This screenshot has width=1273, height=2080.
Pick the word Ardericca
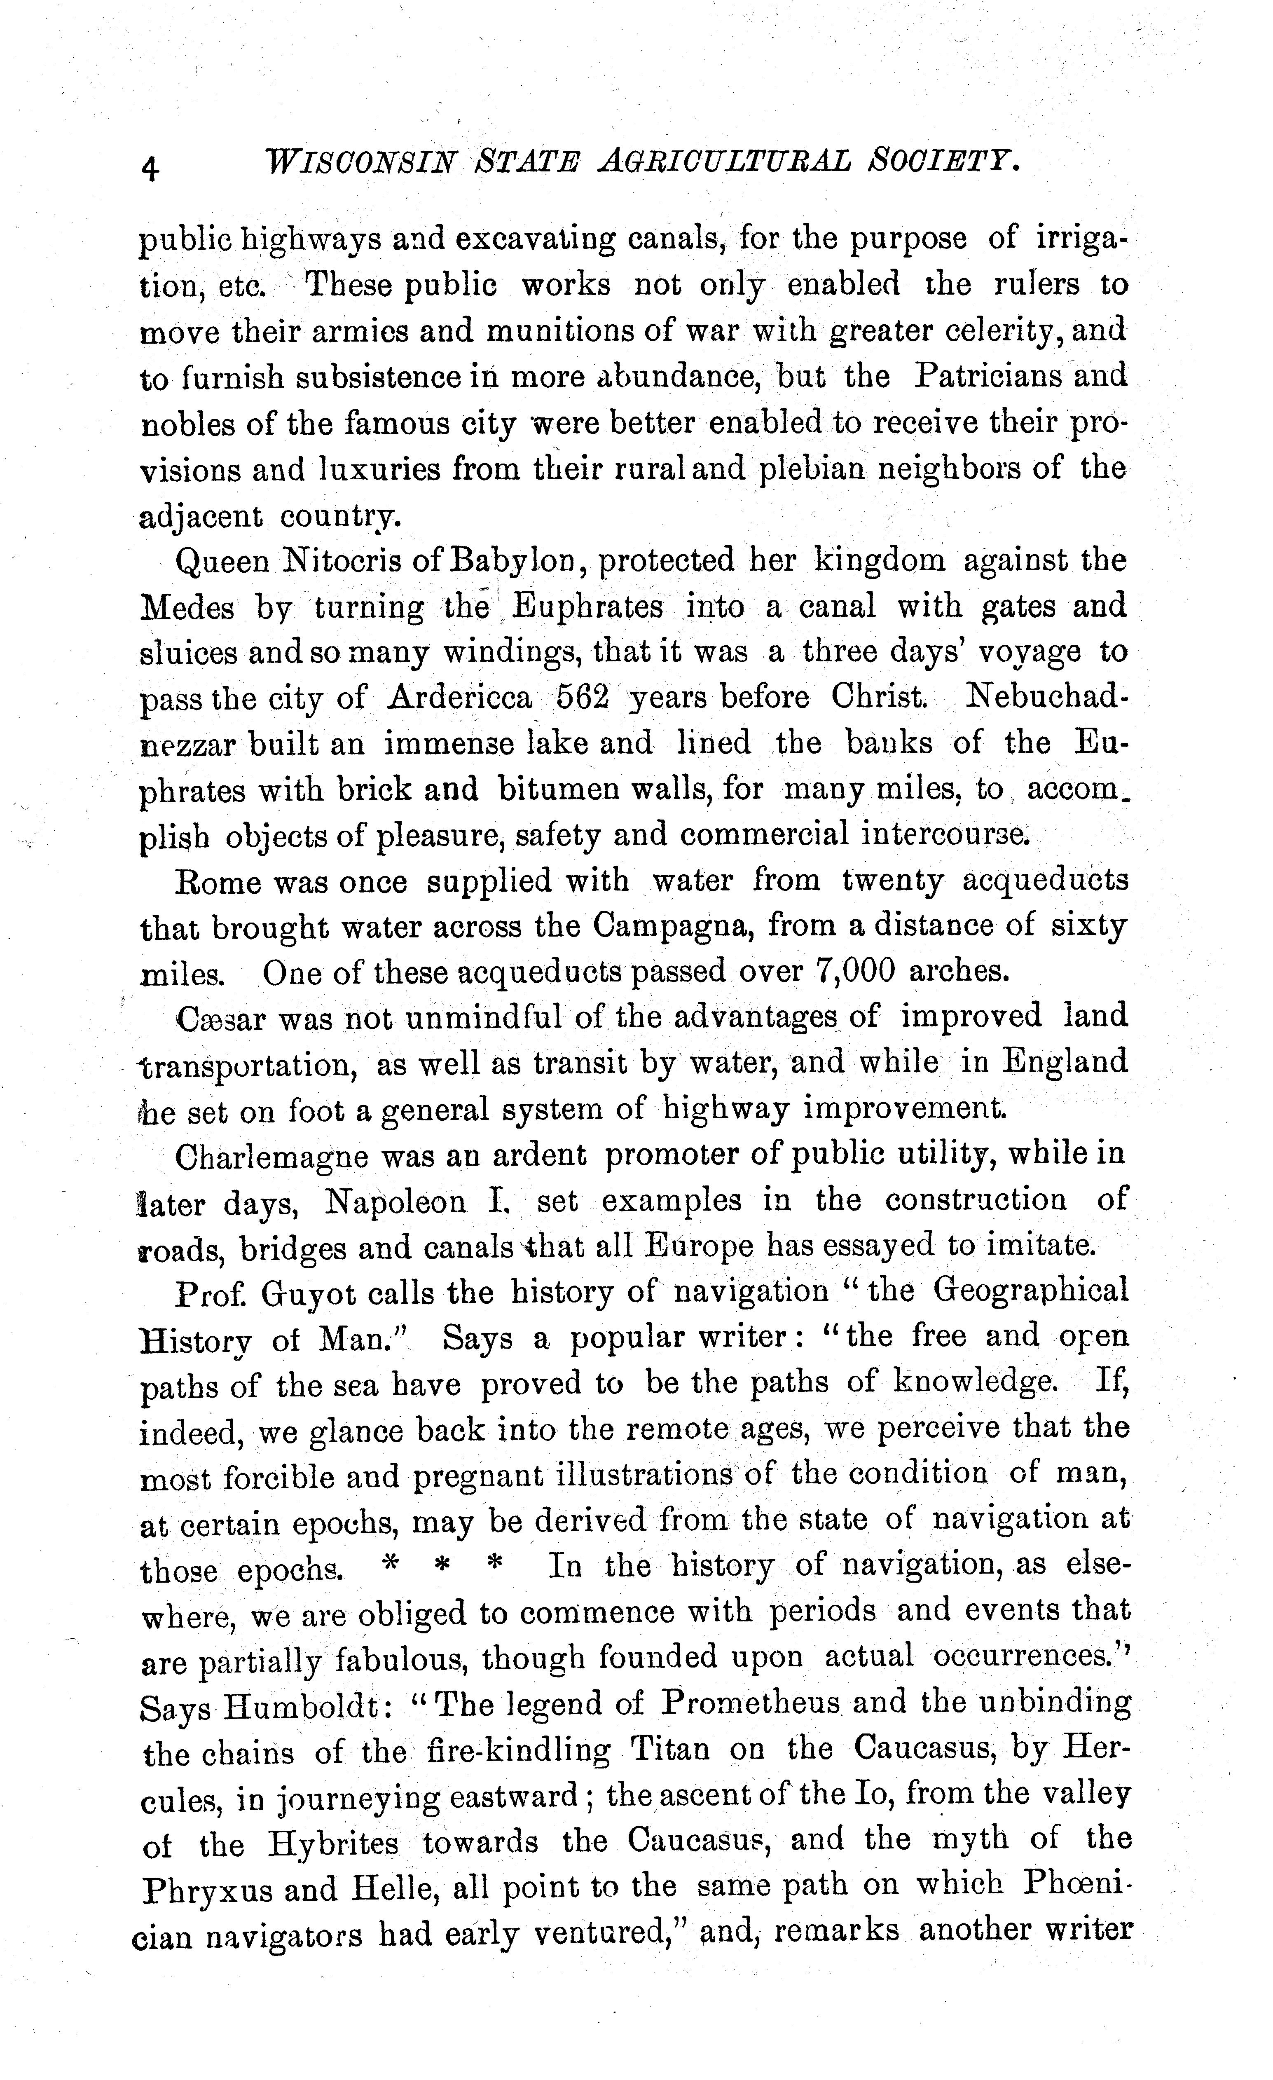pos(460,697)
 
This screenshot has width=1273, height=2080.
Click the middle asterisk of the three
pos(441,1567)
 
